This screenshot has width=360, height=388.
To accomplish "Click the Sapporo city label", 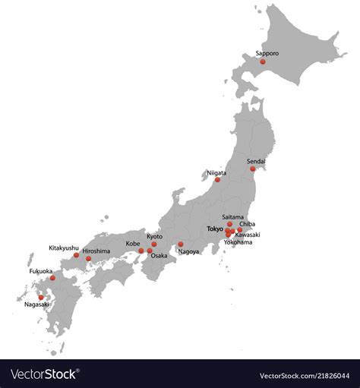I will pyautogui.click(x=267, y=53).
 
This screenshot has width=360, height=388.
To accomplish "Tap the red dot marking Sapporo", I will pyautogui.click(x=263, y=62).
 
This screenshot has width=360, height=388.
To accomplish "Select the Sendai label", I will pyautogui.click(x=257, y=160).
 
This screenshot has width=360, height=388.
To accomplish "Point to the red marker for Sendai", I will pyautogui.click(x=253, y=169).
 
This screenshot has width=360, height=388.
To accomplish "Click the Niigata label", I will pyautogui.click(x=216, y=172).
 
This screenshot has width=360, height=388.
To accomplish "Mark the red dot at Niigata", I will pyautogui.click(x=217, y=180).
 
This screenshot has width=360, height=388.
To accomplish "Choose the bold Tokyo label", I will pyautogui.click(x=215, y=229).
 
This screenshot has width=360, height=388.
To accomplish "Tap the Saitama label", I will pyautogui.click(x=233, y=217).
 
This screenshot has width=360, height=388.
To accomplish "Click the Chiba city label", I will pyautogui.click(x=248, y=224).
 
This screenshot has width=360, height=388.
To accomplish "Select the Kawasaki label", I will pyautogui.click(x=248, y=235).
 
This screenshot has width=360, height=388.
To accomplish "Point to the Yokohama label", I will pyautogui.click(x=238, y=242).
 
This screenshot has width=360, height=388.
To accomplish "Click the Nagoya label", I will pyautogui.click(x=188, y=251).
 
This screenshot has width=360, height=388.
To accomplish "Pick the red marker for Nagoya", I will pyautogui.click(x=181, y=244).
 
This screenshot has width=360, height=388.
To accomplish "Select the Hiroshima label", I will pyautogui.click(x=96, y=251).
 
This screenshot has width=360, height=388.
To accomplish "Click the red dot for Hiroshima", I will pyautogui.click(x=88, y=259).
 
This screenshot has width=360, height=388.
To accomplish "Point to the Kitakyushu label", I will pyautogui.click(x=64, y=248).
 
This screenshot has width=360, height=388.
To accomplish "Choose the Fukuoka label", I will pyautogui.click(x=41, y=271).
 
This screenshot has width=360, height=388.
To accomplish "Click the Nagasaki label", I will pyautogui.click(x=36, y=304).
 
